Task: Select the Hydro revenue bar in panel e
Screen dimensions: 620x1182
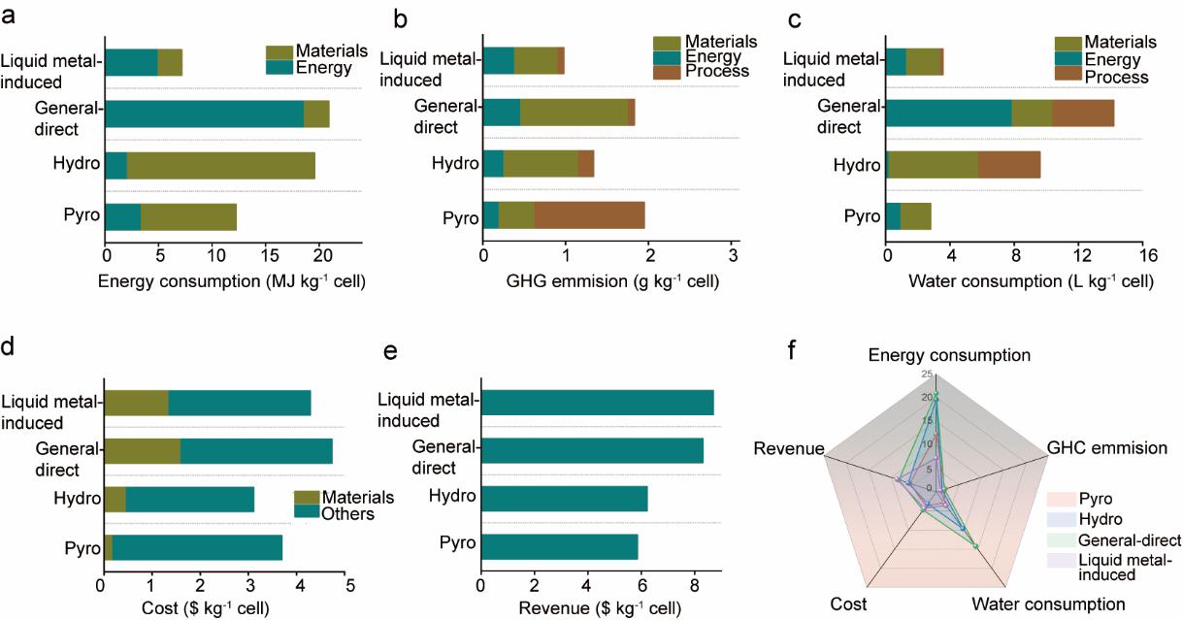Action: click(x=564, y=498)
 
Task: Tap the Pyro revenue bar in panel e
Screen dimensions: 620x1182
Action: click(x=559, y=546)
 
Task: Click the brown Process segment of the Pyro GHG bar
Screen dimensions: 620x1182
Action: click(x=589, y=215)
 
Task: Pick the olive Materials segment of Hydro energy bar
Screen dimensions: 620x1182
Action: click(x=221, y=165)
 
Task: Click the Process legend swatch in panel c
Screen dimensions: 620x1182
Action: click(x=1068, y=77)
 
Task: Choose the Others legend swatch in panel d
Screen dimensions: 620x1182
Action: click(x=309, y=513)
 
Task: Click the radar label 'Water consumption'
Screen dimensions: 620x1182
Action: click(x=1048, y=604)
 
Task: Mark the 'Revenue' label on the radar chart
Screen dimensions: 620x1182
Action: click(x=788, y=448)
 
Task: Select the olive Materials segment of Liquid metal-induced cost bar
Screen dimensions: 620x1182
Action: click(x=136, y=403)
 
